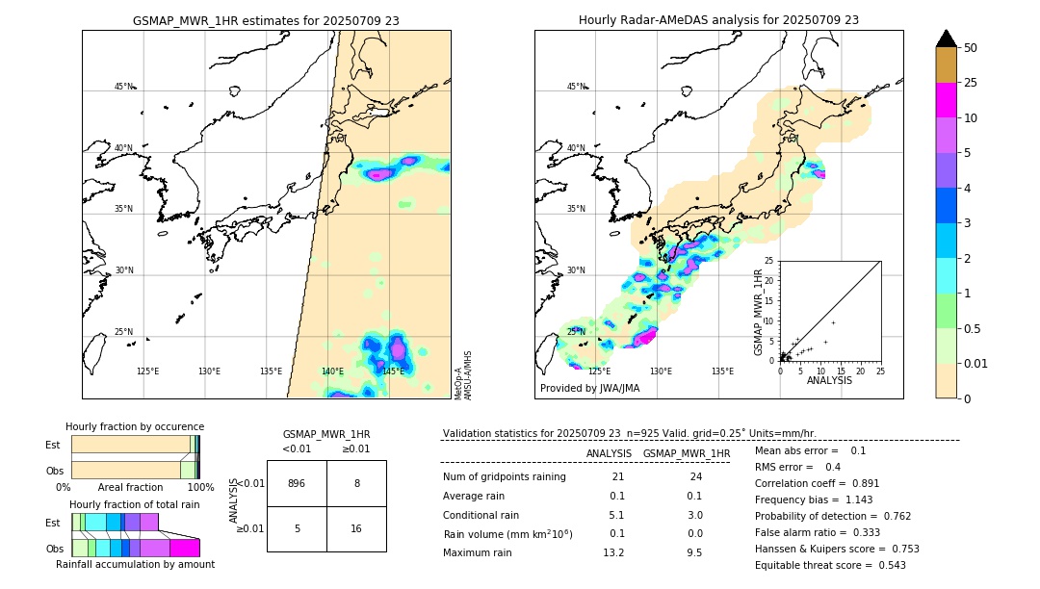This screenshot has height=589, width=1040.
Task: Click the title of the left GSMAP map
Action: (266, 20)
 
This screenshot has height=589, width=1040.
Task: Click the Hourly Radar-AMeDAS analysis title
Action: (718, 20)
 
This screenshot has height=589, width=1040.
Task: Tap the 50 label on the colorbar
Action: (971, 48)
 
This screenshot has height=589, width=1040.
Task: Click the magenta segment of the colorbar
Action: (946, 100)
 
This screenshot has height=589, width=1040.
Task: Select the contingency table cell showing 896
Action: (297, 483)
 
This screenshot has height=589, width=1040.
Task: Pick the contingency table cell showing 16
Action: (356, 528)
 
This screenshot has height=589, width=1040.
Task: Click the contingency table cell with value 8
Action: (356, 483)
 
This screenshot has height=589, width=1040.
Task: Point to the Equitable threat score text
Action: (830, 565)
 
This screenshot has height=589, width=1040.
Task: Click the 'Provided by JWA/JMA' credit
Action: (589, 388)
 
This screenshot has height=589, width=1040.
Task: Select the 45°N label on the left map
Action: (123, 87)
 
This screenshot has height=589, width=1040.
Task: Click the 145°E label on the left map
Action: (393, 371)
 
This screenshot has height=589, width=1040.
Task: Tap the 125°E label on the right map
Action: (599, 371)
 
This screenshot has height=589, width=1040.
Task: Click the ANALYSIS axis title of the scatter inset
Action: (829, 380)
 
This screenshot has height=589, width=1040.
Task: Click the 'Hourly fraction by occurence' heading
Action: (135, 426)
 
